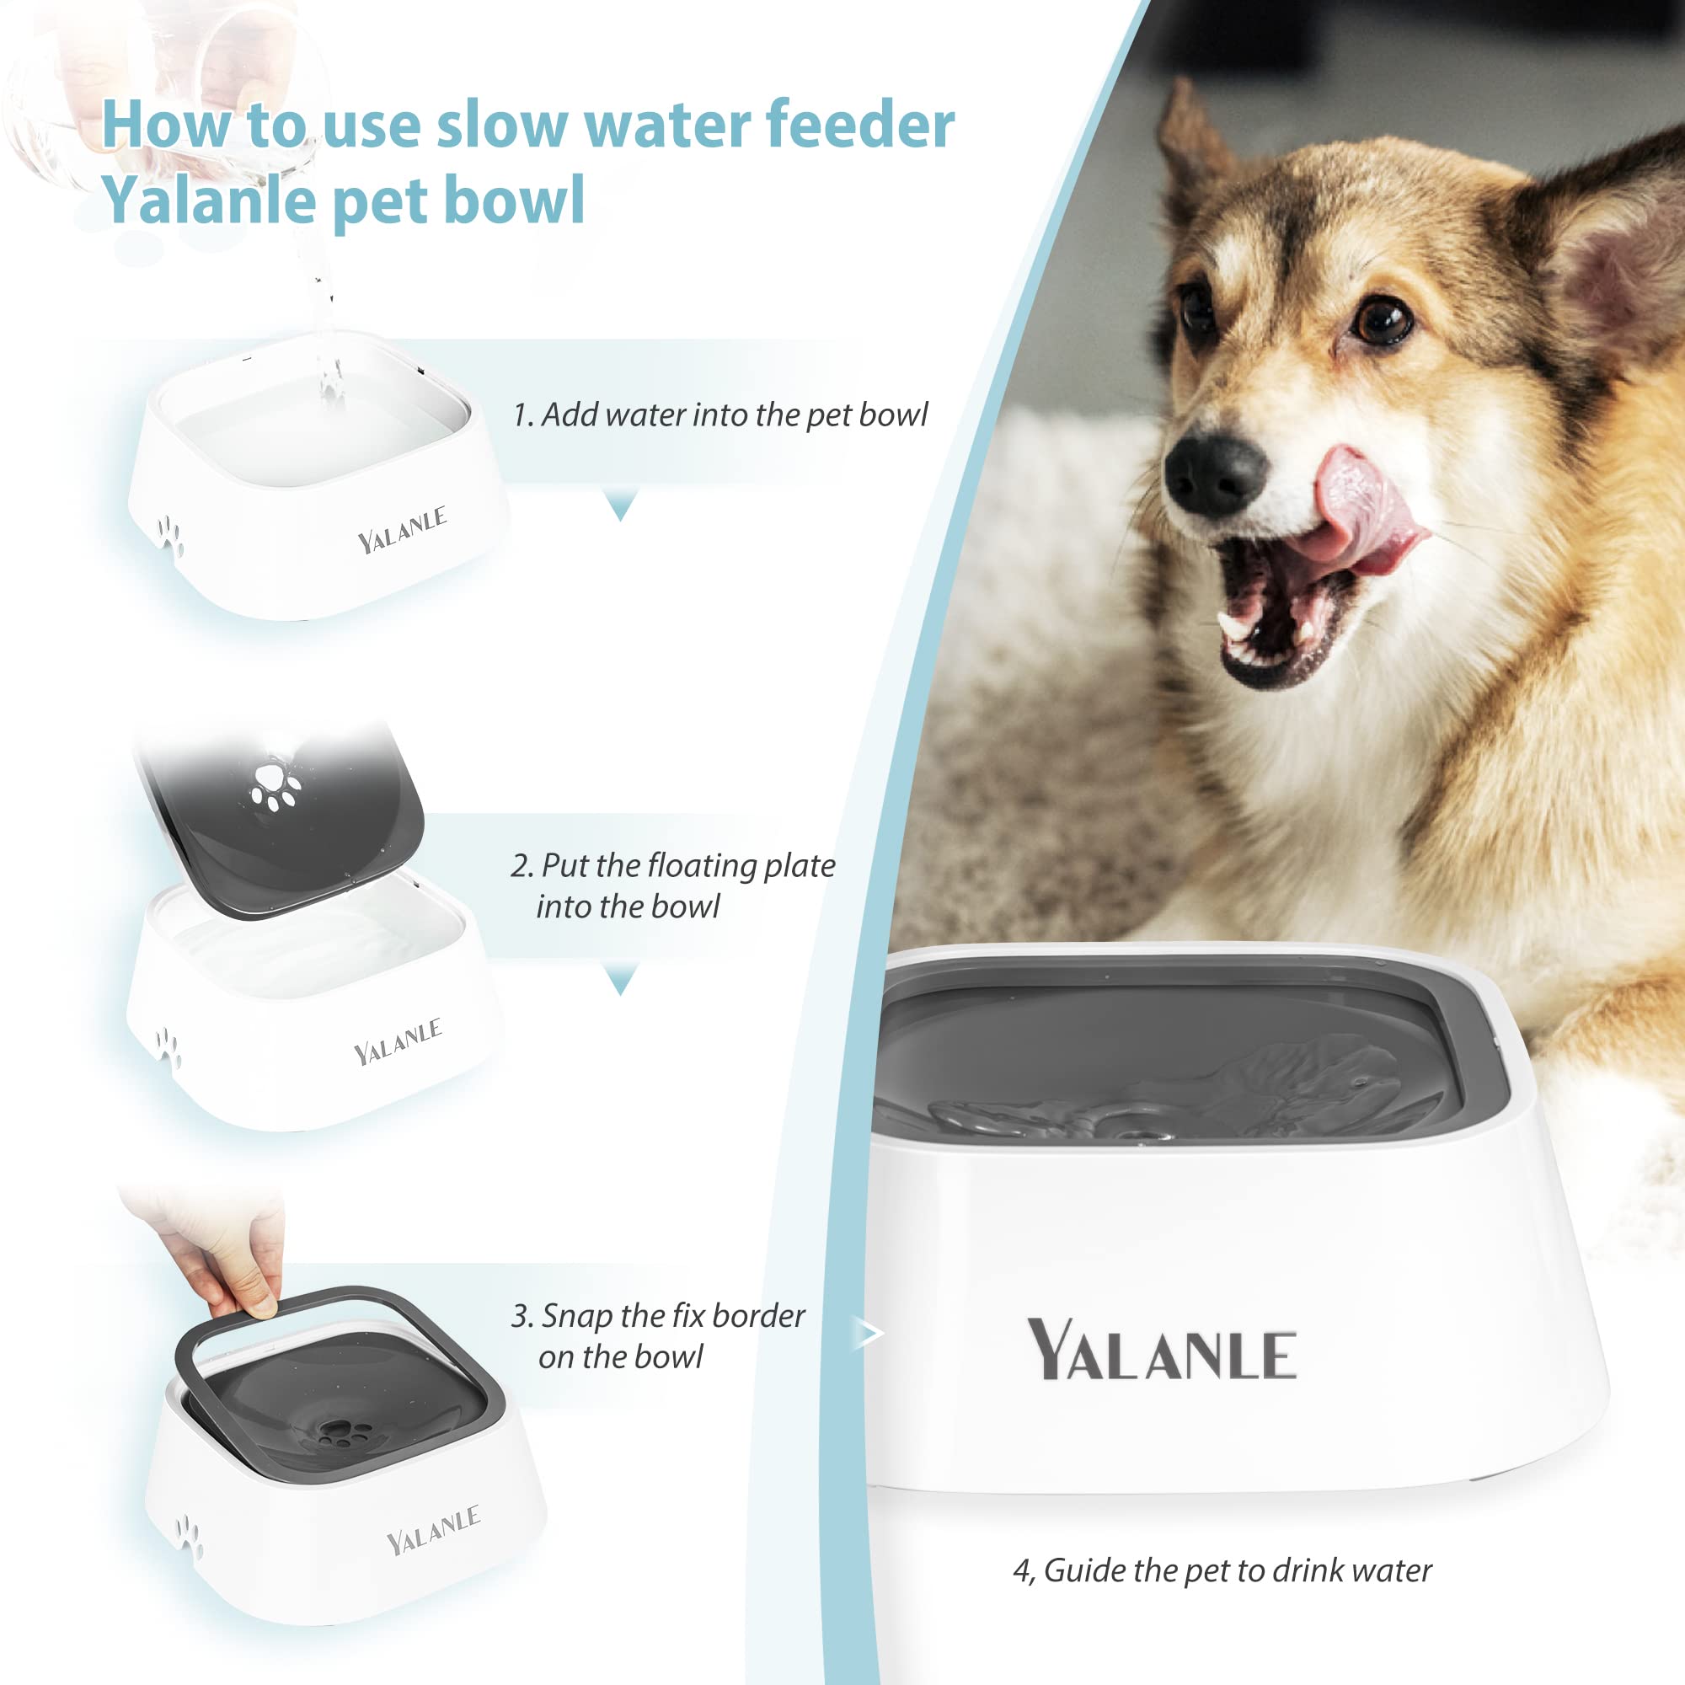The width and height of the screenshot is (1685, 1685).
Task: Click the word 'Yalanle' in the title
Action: [209, 200]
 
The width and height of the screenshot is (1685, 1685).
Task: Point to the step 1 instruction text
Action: [719, 415]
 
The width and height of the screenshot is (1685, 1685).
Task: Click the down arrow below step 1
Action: [621, 505]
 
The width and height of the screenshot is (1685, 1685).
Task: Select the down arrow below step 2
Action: [621, 981]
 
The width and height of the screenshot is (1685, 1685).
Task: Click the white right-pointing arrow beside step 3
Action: [869, 1334]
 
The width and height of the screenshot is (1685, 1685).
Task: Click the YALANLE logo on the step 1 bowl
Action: [402, 529]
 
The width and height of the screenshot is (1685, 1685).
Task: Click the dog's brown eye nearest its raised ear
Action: [1383, 322]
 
